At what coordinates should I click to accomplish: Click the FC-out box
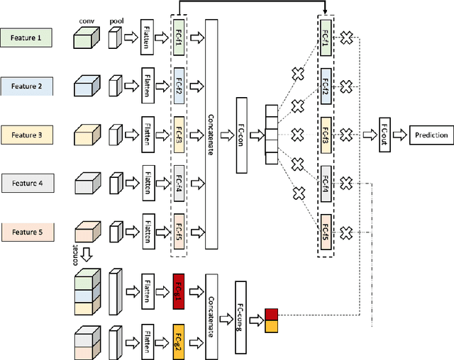(x=385, y=135)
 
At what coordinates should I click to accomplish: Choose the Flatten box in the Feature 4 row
(x=147, y=183)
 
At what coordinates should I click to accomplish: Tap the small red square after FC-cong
(x=271, y=314)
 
